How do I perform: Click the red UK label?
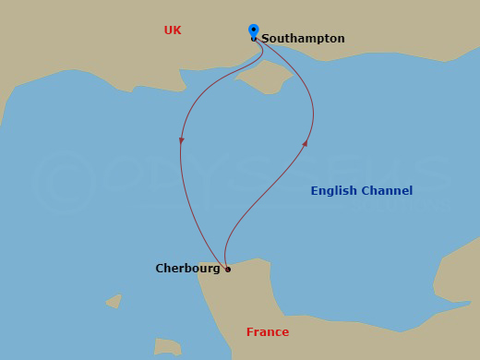(173, 30)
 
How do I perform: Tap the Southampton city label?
(303, 39)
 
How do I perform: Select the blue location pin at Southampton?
(254, 31)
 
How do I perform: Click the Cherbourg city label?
(187, 269)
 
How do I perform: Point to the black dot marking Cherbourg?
(228, 270)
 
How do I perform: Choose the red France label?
(268, 332)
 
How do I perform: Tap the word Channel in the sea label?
(389, 191)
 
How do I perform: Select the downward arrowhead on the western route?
(182, 140)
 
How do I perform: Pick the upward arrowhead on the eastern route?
(306, 143)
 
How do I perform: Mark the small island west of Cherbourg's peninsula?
(114, 301)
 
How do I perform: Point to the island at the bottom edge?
(166, 347)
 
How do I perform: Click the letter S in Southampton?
(266, 39)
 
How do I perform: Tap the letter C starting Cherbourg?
(160, 269)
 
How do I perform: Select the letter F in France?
(250, 332)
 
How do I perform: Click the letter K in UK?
(177, 30)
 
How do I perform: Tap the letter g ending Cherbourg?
(217, 270)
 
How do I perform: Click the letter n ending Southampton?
(341, 39)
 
